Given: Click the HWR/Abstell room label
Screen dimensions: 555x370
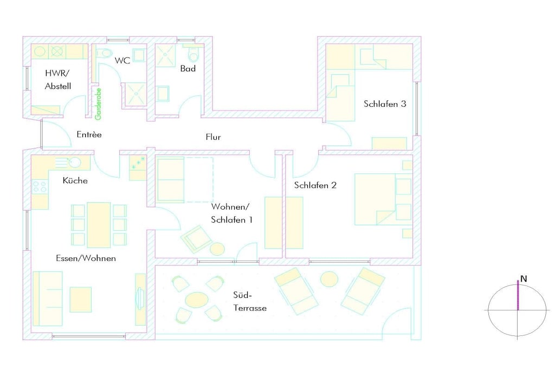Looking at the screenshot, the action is [x=57, y=80].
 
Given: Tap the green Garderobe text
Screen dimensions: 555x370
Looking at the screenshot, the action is [x=99, y=104].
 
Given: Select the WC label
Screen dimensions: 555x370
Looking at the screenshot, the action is [x=122, y=61].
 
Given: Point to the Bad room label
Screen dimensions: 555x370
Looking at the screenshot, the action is [x=188, y=69].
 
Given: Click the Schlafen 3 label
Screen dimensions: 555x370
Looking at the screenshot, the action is [x=385, y=103].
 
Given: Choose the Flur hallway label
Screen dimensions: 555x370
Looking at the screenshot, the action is [x=213, y=137].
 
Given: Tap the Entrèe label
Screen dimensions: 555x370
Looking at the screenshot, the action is [x=89, y=134].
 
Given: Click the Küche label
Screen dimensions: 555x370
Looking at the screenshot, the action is [x=75, y=180].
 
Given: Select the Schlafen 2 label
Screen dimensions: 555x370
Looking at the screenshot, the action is [x=315, y=185].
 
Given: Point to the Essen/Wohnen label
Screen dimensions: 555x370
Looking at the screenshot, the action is [x=86, y=258].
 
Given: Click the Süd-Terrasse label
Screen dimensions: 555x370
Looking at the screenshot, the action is [x=250, y=301].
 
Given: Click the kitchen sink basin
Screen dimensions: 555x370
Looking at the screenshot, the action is [x=74, y=163].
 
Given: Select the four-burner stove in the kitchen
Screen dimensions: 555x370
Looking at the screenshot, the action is [x=40, y=187].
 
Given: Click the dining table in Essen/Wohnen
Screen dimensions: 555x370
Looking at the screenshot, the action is [x=99, y=225].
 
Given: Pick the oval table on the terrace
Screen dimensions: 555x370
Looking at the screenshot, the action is [x=197, y=300].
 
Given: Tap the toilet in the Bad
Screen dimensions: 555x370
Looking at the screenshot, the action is [x=194, y=54].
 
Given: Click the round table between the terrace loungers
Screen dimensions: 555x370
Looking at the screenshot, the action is [x=329, y=279].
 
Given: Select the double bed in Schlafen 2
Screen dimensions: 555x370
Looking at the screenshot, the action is [x=383, y=199].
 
